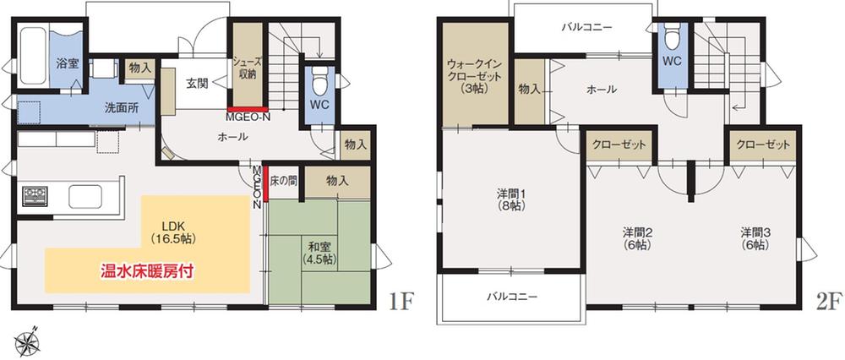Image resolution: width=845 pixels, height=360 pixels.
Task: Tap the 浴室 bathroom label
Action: tap(68, 63)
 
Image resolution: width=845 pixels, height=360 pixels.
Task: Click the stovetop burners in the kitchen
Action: tap(35, 197)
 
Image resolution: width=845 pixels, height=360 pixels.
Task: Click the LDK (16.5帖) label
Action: tap(168, 233)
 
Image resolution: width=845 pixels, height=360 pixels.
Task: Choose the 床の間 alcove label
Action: tap(284, 181)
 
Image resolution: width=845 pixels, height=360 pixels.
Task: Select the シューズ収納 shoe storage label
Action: tap(248, 68)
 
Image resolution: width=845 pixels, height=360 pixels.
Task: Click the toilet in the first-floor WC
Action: tap(319, 85)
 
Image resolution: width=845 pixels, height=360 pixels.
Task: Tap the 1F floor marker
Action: tap(402, 302)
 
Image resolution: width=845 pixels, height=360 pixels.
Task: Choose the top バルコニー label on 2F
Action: tap(586, 27)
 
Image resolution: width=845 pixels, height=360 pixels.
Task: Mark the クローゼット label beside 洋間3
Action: tap(763, 145)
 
